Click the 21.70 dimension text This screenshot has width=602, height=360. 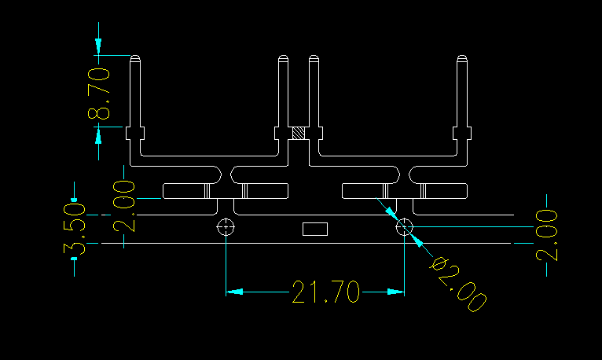pyautogui.click(x=326, y=292)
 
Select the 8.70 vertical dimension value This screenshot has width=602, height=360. pyautogui.click(x=98, y=93)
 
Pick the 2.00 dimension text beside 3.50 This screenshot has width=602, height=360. pyautogui.click(x=123, y=206)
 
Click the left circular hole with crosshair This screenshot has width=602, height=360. pyautogui.click(x=226, y=228)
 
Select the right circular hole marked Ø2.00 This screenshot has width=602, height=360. pyautogui.click(x=404, y=228)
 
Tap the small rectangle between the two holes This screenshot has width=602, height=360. pyautogui.click(x=315, y=229)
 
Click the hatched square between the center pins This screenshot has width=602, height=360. pyautogui.click(x=299, y=134)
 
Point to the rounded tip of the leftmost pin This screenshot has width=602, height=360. pyautogui.click(x=134, y=59)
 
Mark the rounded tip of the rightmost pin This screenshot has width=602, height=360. pyautogui.click(x=463, y=59)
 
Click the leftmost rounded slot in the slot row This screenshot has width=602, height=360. pyautogui.click(x=185, y=190)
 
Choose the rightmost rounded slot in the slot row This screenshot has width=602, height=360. pyautogui.click(x=443, y=190)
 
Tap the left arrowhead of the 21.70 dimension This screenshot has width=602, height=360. pyautogui.click(x=234, y=292)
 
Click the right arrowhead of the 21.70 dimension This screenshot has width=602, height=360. pyautogui.click(x=396, y=292)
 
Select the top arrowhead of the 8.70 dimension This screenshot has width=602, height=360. pyautogui.click(x=98, y=47)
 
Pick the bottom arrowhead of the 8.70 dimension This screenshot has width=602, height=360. pyautogui.click(x=98, y=135)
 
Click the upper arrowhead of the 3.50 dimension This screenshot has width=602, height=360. pyautogui.click(x=74, y=192)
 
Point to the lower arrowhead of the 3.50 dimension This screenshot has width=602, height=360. pyautogui.click(x=74, y=252)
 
